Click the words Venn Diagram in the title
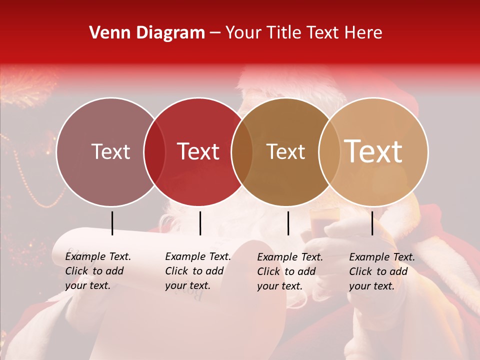147,33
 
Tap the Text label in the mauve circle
110,152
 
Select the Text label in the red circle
198,152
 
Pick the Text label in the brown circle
285,152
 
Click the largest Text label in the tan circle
373,151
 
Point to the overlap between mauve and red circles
154,152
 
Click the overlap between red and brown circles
242,152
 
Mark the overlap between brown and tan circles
328,152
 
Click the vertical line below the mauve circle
112,223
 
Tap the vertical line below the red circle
200,223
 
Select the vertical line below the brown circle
288,223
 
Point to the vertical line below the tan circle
372,223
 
